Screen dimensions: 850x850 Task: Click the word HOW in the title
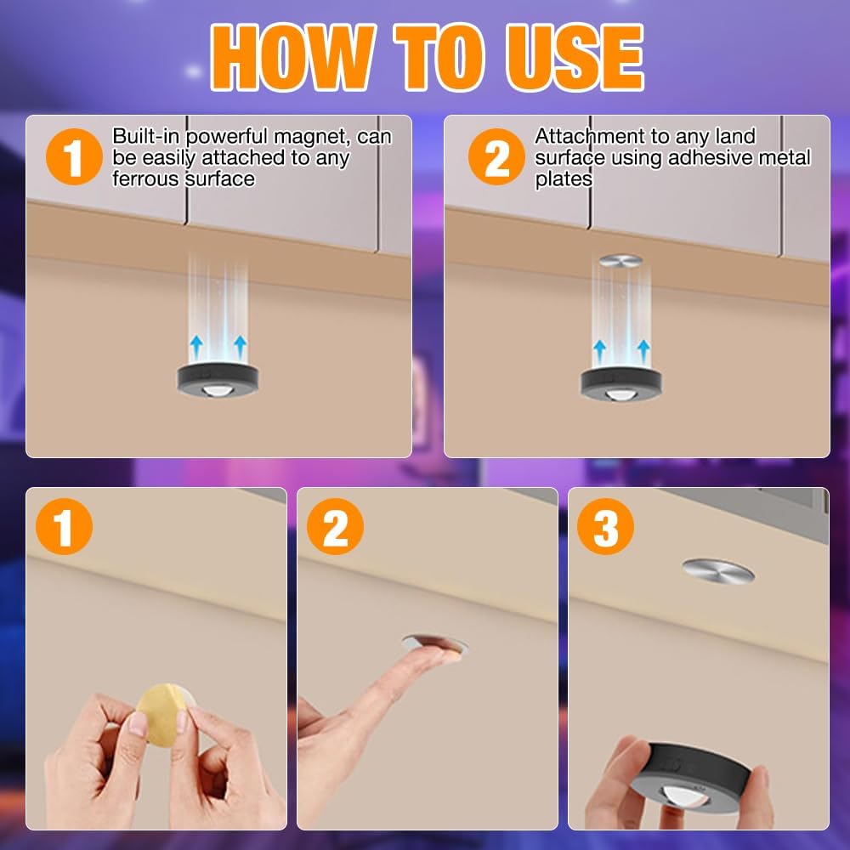292,56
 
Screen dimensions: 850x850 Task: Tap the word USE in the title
575,56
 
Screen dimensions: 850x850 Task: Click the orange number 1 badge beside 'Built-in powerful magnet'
74,157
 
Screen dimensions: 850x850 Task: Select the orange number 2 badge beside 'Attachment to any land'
496,157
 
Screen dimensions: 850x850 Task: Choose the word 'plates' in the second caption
564,180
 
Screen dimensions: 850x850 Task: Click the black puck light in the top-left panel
218,379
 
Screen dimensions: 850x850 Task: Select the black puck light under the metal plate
620,383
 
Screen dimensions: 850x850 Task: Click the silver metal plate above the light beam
620,261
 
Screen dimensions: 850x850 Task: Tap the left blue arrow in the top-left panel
196,347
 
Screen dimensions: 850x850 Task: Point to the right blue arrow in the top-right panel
643,352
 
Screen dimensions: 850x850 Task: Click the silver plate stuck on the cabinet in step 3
718,570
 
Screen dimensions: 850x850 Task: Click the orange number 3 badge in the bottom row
605,526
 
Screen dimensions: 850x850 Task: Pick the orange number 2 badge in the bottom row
335,526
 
